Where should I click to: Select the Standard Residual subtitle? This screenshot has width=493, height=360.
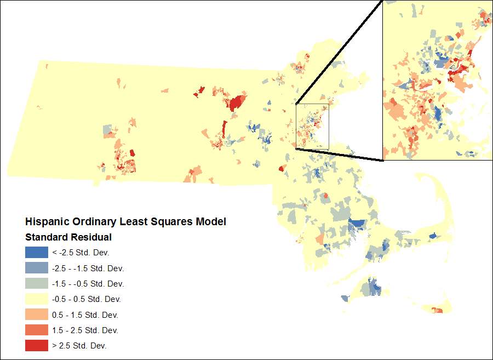click(x=68, y=237)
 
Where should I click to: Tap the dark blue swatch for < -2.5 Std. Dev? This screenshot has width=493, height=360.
click(x=36, y=253)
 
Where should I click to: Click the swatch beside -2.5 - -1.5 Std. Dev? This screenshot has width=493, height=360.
click(x=36, y=268)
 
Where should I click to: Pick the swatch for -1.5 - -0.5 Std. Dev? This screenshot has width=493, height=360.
click(x=36, y=284)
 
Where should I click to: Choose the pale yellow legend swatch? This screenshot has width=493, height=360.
click(x=36, y=299)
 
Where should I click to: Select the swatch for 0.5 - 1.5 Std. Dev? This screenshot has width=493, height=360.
click(x=36, y=315)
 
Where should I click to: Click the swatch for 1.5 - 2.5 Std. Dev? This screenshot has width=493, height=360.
click(x=36, y=330)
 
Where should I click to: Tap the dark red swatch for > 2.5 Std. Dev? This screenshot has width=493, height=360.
click(x=36, y=346)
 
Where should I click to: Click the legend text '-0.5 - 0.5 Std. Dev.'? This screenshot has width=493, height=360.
click(x=87, y=300)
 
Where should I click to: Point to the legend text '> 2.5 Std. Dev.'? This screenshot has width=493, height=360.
click(x=79, y=346)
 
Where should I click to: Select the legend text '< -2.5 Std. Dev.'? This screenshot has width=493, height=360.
click(x=81, y=253)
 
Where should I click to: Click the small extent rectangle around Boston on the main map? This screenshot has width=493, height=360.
click(x=312, y=104)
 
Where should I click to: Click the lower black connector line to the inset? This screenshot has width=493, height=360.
click(x=340, y=155)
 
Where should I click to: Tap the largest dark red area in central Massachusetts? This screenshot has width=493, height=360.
click(x=237, y=102)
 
